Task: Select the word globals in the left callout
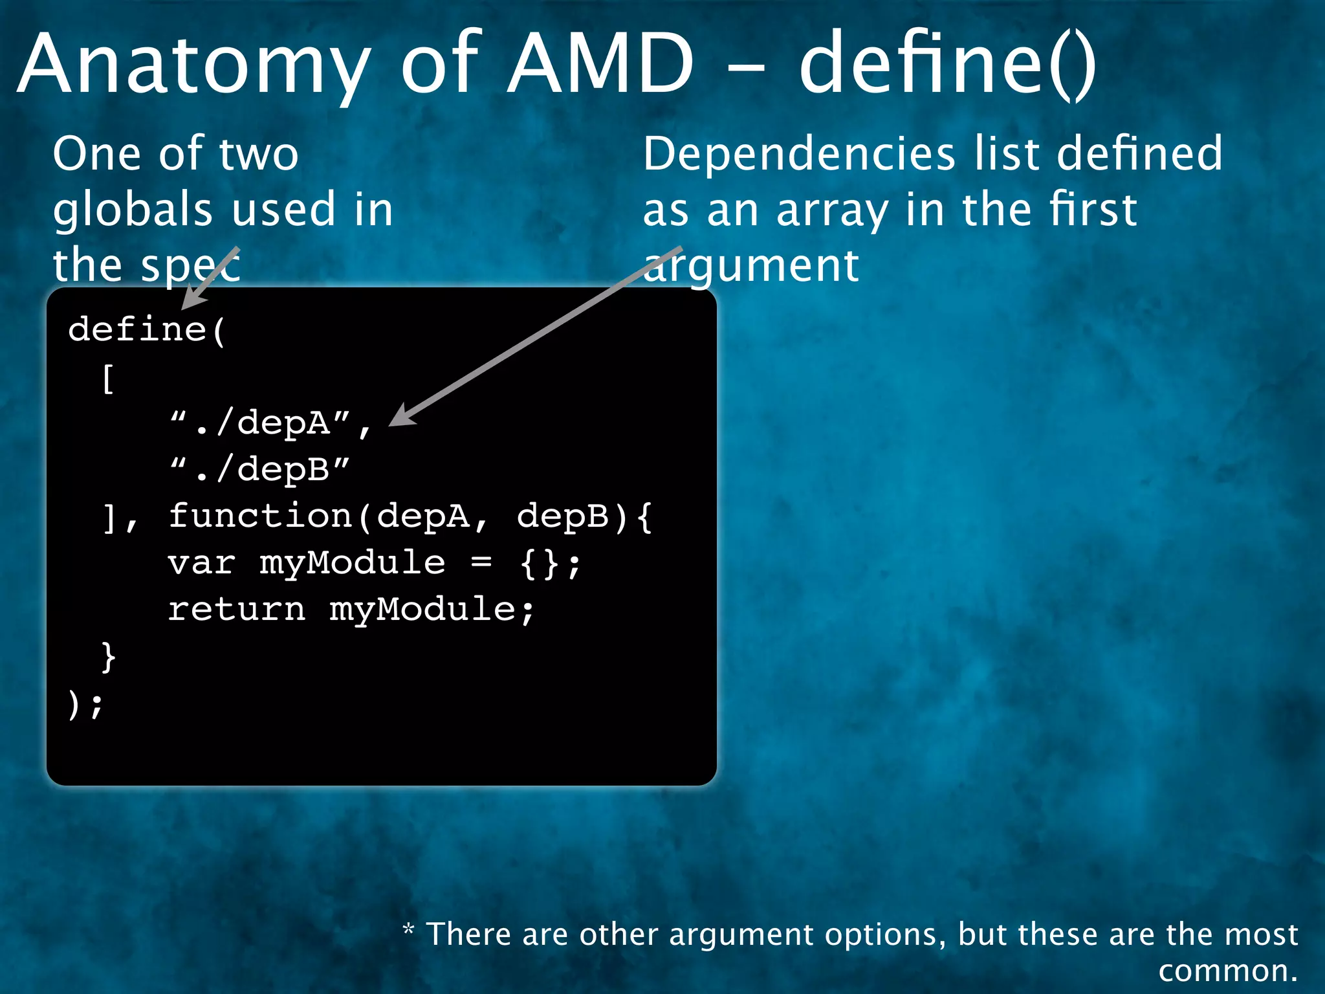tap(133, 210)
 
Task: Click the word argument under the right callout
tap(750, 267)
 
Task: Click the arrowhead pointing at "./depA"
tap(402, 415)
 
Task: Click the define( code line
tap(146, 330)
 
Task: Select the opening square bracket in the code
tap(108, 378)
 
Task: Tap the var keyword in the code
tap(201, 563)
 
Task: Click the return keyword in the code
tap(236, 610)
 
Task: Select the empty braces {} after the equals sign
tap(540, 563)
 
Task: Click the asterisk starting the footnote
tap(408, 931)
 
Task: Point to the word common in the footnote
tap(1227, 971)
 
